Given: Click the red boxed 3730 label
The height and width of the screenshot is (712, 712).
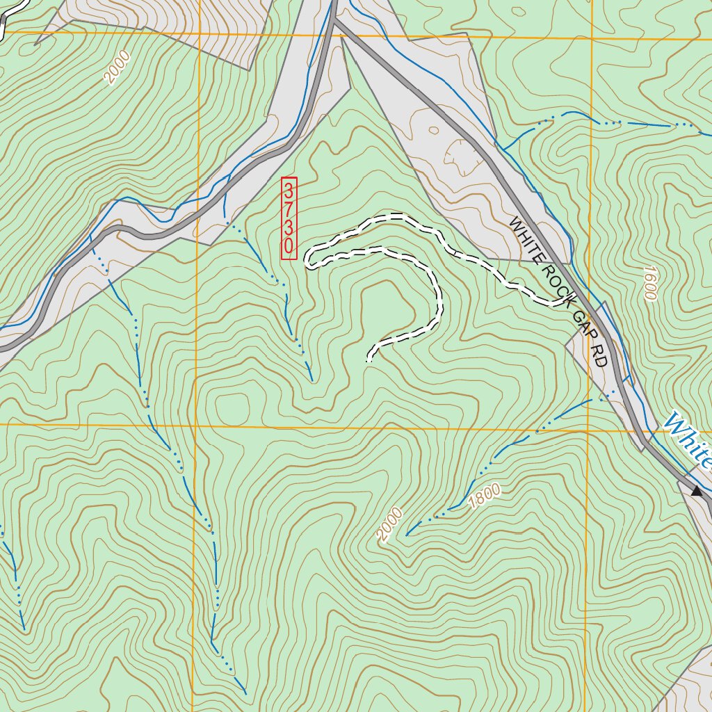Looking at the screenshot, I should (x=289, y=219).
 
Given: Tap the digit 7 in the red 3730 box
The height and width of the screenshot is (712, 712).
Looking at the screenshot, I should (x=289, y=209).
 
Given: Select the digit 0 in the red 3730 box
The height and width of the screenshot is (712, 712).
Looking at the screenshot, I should (x=289, y=246).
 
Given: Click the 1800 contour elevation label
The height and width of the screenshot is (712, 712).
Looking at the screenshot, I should (x=485, y=497).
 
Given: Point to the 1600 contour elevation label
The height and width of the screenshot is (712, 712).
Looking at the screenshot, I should (x=650, y=283).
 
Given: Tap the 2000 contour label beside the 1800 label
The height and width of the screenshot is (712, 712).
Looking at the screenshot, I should (x=390, y=524).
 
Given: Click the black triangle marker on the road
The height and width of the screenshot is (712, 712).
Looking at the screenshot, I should (x=696, y=491).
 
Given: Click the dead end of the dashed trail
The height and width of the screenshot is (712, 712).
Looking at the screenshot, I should (x=369, y=360).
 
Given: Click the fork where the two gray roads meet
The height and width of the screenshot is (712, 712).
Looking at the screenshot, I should (x=335, y=21).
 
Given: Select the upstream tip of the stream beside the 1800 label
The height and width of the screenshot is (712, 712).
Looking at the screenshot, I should (x=407, y=534).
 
